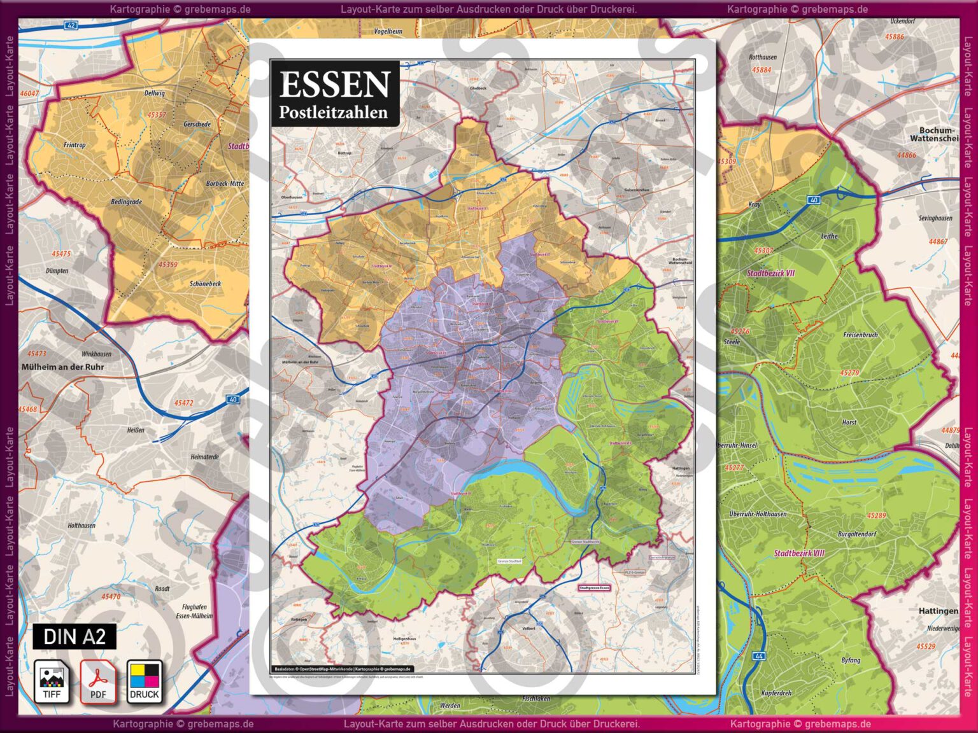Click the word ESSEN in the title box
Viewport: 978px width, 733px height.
tap(334, 84)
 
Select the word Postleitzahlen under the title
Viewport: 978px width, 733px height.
tap(333, 113)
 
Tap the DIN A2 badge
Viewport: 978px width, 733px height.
tap(74, 636)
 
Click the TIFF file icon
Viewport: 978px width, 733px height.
tap(52, 681)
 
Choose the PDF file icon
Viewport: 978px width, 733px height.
tap(97, 681)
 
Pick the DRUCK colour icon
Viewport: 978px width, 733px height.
tap(145, 681)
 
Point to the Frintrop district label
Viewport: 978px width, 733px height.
tap(74, 145)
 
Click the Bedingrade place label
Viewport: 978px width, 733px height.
tap(126, 202)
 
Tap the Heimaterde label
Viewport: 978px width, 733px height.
tap(204, 457)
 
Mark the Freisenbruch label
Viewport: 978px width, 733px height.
tap(860, 335)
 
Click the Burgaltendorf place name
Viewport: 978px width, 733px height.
tap(856, 534)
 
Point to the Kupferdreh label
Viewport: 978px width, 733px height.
tap(776, 693)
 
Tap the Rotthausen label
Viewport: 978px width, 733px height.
tap(763, 57)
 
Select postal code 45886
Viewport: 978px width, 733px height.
tap(894, 37)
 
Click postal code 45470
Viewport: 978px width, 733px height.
tap(111, 597)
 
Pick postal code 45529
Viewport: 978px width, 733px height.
tap(926, 646)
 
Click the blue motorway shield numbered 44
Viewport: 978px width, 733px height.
tap(758, 655)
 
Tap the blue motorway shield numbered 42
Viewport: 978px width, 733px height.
tap(71, 25)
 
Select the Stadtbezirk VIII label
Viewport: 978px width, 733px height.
tap(798, 554)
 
